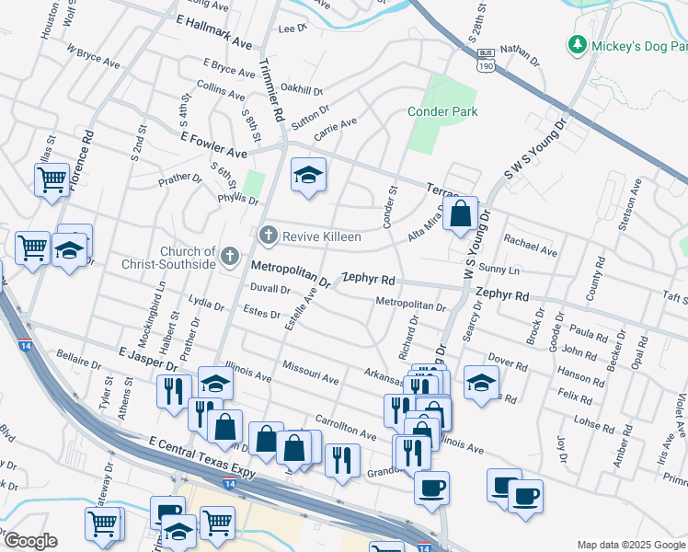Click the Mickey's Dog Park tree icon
[x=577, y=44]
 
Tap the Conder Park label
[x=442, y=111]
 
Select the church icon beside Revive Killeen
[x=269, y=236]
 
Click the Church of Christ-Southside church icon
[x=231, y=258]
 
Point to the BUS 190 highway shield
[x=486, y=61]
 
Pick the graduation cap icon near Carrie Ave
[x=308, y=174]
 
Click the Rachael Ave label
[x=531, y=245]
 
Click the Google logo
[x=29, y=541]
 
